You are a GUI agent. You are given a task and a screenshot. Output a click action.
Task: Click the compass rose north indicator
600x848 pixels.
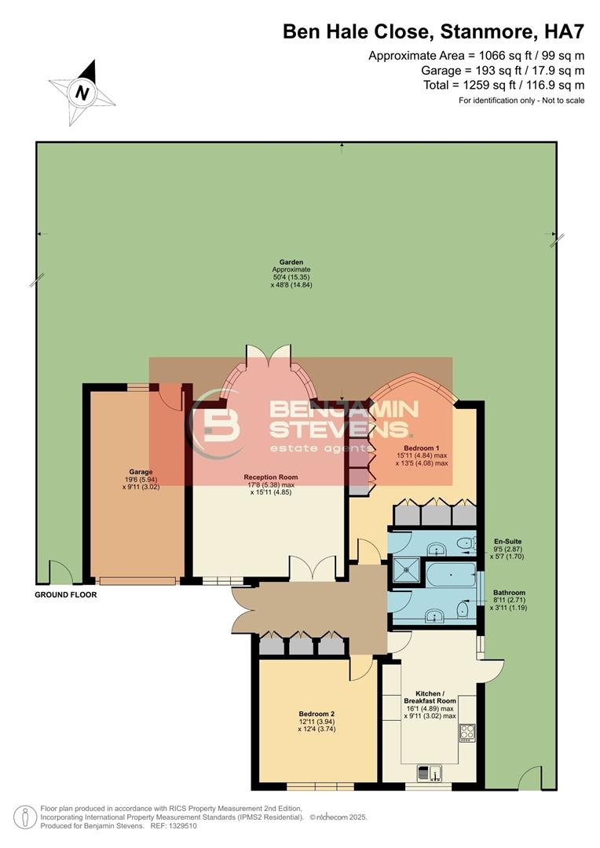[x=82, y=93]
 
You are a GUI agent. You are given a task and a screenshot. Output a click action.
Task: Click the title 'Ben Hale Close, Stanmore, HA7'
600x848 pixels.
[x=434, y=32]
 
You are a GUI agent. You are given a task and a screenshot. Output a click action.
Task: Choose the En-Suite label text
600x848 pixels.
[x=508, y=542]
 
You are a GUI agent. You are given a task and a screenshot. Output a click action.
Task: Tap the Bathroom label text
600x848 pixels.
[x=509, y=593]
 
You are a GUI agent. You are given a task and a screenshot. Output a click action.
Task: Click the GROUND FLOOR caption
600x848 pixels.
[x=65, y=595]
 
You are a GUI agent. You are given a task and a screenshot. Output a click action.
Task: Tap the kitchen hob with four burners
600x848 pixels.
[x=468, y=733]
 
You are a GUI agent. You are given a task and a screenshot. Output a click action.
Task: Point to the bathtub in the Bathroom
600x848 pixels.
[x=450, y=575]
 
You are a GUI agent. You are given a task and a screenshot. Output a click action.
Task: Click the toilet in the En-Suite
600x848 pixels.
[x=466, y=542]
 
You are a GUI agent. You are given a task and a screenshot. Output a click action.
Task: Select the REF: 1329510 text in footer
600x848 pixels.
[x=172, y=826]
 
